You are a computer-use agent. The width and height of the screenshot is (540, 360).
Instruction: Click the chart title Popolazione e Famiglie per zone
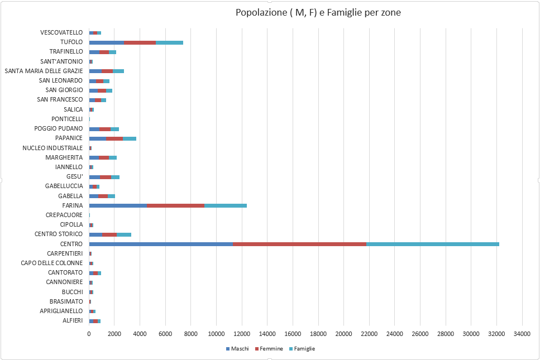pos(318,12)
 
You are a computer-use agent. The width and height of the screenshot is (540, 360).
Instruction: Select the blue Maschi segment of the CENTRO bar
pos(161,244)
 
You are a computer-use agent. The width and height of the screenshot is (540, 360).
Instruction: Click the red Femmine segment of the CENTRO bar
pos(299,244)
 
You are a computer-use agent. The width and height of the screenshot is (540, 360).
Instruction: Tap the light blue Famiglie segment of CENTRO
pos(432,244)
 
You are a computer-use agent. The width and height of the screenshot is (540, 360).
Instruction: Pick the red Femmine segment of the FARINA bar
pos(176,205)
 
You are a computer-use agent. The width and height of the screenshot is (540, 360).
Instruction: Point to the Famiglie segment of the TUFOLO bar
pos(169,42)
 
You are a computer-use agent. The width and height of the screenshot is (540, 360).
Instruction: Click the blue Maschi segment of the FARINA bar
pos(118,205)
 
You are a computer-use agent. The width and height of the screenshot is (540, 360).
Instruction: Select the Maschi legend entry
pos(237,349)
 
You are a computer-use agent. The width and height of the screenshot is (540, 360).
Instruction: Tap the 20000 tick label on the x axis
pos(343,334)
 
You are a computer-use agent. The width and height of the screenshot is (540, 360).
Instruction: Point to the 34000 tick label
pos(522,334)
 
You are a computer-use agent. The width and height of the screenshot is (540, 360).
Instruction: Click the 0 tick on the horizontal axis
pos(89,334)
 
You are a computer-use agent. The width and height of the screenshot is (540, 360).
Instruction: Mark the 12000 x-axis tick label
pos(242,334)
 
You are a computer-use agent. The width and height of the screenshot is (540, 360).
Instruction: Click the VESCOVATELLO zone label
pos(61,32)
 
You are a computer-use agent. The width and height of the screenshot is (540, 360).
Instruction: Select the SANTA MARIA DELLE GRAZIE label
pos(44,71)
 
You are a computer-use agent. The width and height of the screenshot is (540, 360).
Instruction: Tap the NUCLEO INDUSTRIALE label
pos(52,148)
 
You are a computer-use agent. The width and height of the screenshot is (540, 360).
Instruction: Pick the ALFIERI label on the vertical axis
pos(73,320)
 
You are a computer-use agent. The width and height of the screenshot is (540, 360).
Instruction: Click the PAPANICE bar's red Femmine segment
pos(114,138)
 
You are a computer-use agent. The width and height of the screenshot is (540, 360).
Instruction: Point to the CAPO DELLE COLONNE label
pos(52,263)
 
